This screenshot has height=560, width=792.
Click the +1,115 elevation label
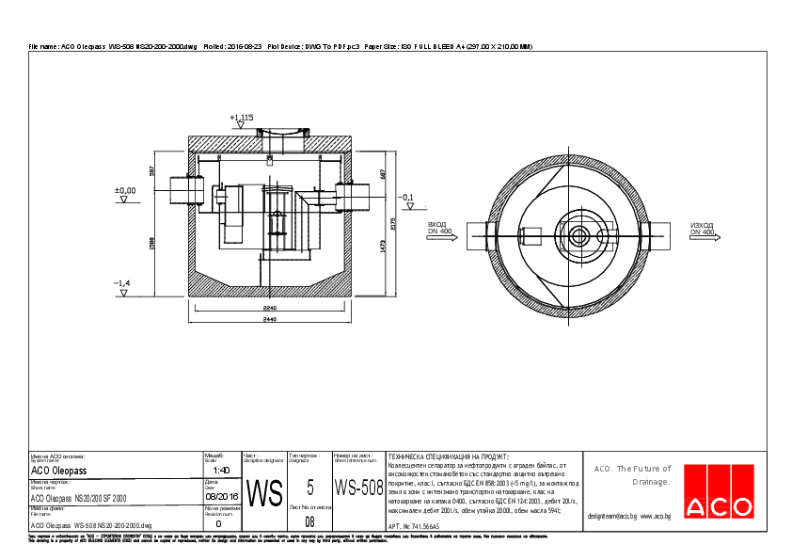click(242, 117)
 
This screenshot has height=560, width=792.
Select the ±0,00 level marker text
click(124, 190)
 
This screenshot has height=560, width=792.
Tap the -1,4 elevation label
click(121, 283)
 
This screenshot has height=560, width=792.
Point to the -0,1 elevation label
click(406, 198)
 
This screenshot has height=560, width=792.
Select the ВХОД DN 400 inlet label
click(438, 228)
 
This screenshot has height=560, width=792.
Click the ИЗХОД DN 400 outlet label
click(702, 228)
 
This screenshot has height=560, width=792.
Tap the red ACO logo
click(719, 491)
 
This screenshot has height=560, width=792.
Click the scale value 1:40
click(221, 470)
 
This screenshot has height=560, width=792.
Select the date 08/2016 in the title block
click(221, 496)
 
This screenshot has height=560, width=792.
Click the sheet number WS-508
click(358, 488)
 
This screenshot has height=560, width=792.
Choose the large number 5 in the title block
click(309, 488)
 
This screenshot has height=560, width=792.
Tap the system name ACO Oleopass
click(58, 470)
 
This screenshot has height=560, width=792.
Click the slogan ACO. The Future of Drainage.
click(631, 474)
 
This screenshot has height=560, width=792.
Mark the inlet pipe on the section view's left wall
click(181, 191)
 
